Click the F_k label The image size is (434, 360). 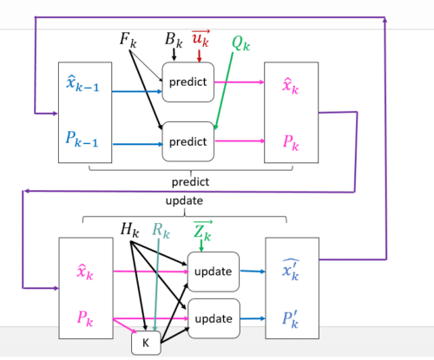(x=128, y=40)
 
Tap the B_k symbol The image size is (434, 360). (x=174, y=40)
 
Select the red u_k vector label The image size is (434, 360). (x=201, y=38)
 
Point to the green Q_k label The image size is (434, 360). (x=240, y=43)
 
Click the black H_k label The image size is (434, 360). (x=130, y=230)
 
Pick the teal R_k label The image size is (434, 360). (x=161, y=231)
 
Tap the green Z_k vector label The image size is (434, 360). (x=203, y=231)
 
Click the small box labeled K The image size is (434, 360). (x=146, y=343)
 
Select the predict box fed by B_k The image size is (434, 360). (x=188, y=82)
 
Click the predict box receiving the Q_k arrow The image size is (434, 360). (x=188, y=141)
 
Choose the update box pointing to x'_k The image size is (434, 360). (x=214, y=272)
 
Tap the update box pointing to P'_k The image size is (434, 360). (x=214, y=318)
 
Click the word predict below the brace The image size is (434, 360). (x=190, y=182)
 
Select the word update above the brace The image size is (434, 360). (x=184, y=201)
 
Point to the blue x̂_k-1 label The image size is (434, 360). (x=82, y=83)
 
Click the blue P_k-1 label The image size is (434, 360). (x=82, y=139)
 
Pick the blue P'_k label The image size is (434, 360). (x=290, y=320)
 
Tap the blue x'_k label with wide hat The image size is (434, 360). (x=291, y=271)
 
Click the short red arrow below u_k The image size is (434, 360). (x=199, y=56)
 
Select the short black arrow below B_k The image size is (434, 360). (x=174, y=55)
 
